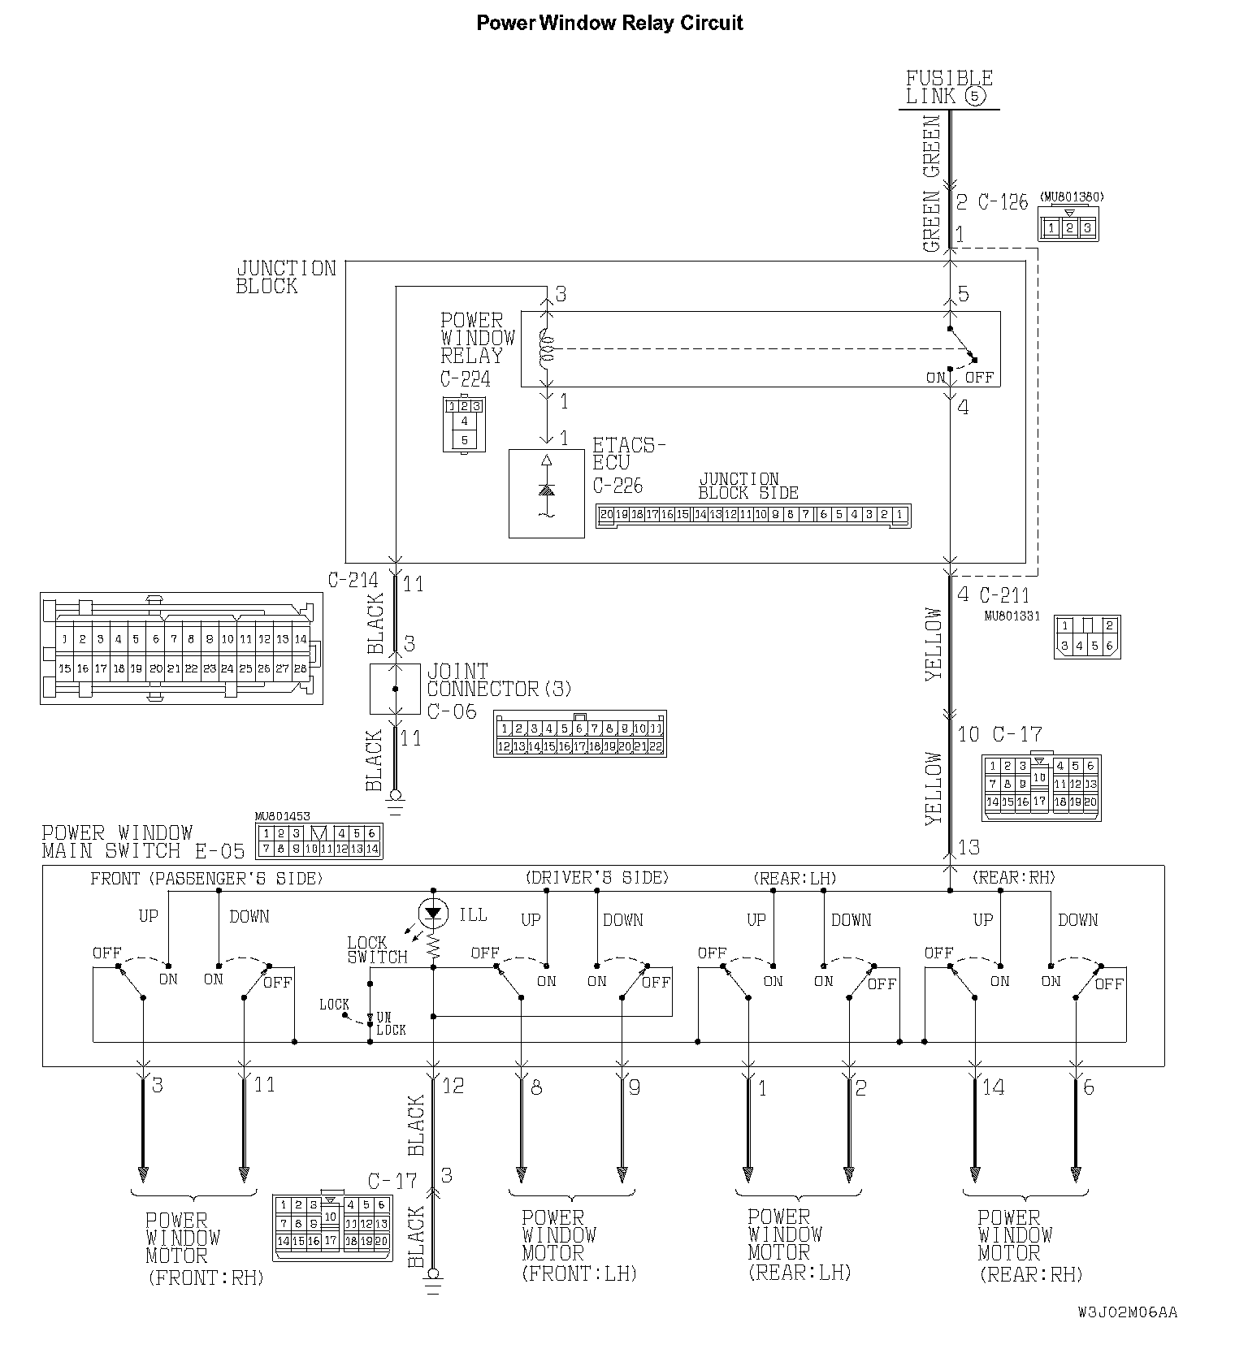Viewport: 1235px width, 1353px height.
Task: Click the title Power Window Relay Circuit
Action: coord(609,23)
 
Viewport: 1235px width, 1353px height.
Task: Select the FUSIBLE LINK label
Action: coord(948,88)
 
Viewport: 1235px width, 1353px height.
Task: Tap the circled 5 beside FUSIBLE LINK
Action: coord(976,97)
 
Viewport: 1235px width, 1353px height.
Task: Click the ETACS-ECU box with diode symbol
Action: coord(546,493)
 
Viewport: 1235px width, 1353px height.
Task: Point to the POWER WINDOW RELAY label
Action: coord(478,338)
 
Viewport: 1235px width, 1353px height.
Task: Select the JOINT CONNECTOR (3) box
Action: coord(395,689)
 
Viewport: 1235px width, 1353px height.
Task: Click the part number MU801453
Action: coord(282,817)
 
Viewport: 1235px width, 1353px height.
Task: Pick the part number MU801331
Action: coord(1012,616)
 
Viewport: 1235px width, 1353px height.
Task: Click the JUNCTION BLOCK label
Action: coord(285,277)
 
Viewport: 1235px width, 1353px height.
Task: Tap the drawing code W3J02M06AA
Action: coord(1127,1312)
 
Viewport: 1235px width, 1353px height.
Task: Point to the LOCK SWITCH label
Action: coord(376,949)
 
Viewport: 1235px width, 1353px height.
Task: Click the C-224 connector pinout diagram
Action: coord(464,424)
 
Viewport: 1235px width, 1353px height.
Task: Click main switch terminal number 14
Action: coord(993,1087)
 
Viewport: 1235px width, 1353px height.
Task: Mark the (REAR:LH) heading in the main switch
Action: coord(795,878)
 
